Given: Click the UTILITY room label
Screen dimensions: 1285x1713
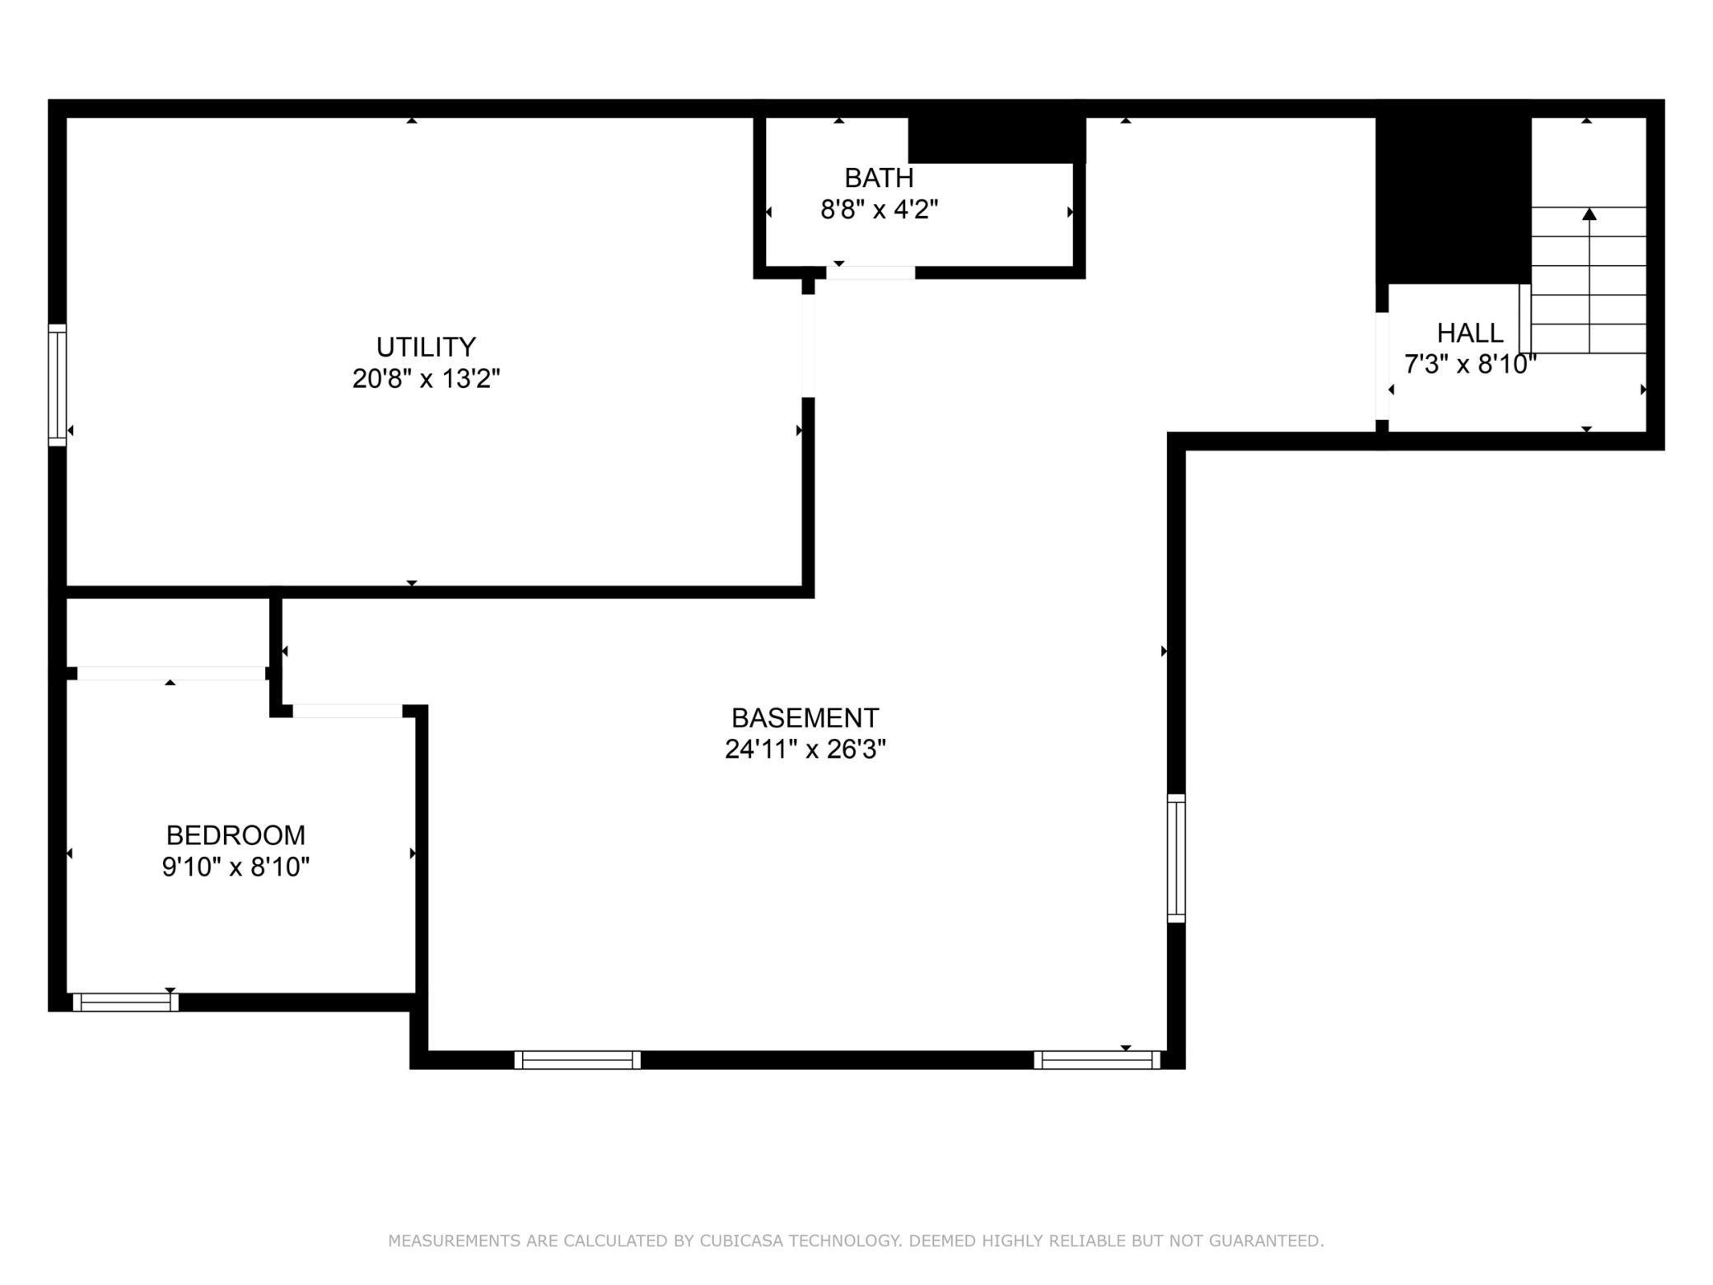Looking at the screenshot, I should tap(426, 347).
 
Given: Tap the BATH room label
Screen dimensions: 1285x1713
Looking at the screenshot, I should tap(879, 178).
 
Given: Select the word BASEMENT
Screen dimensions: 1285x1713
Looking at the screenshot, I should tap(805, 718).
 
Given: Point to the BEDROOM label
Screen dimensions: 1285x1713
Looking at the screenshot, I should tap(236, 835).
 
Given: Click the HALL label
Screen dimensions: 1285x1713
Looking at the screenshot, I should tap(1470, 333).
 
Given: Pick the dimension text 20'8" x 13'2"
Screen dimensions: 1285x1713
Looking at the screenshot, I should tap(426, 379).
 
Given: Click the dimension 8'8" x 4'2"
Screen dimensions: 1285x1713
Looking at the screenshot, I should tap(879, 210).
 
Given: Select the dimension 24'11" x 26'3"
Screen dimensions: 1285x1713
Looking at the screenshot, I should tap(805, 750).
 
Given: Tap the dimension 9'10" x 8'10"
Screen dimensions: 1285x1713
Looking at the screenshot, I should tap(236, 867).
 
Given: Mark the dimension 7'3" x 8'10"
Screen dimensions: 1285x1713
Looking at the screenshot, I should tap(1470, 364).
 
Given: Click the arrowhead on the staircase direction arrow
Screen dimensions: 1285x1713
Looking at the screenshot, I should tap(1589, 214).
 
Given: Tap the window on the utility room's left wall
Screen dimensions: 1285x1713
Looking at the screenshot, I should tap(57, 385).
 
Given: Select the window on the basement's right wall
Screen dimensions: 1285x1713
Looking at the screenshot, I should tap(1176, 857).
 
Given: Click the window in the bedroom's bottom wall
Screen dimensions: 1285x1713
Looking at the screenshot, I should tap(125, 1002).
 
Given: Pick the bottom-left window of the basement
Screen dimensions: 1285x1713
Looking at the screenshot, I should tap(577, 1060).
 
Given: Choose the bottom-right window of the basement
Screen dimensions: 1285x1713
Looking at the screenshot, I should tap(1097, 1060).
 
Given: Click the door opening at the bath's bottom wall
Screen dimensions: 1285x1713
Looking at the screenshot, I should tap(871, 273).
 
